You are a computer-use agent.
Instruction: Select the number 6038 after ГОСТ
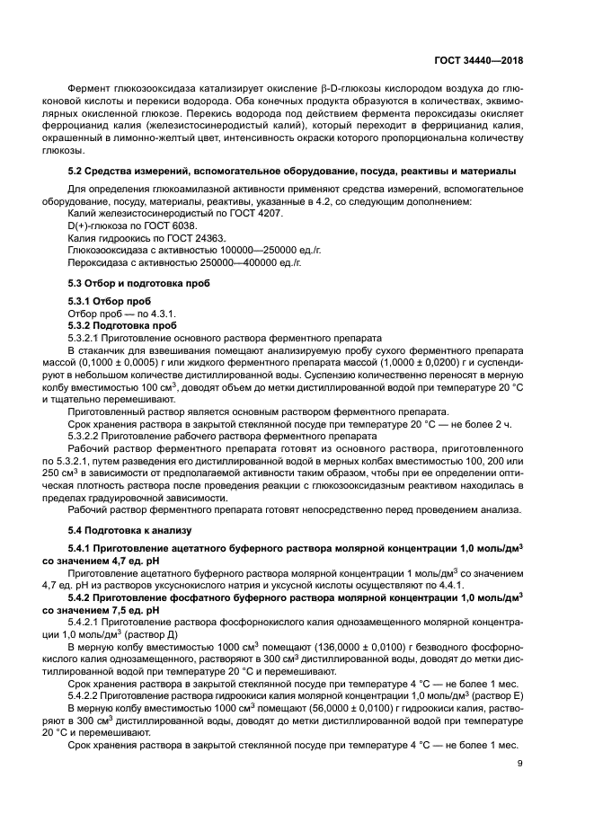(195, 227)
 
